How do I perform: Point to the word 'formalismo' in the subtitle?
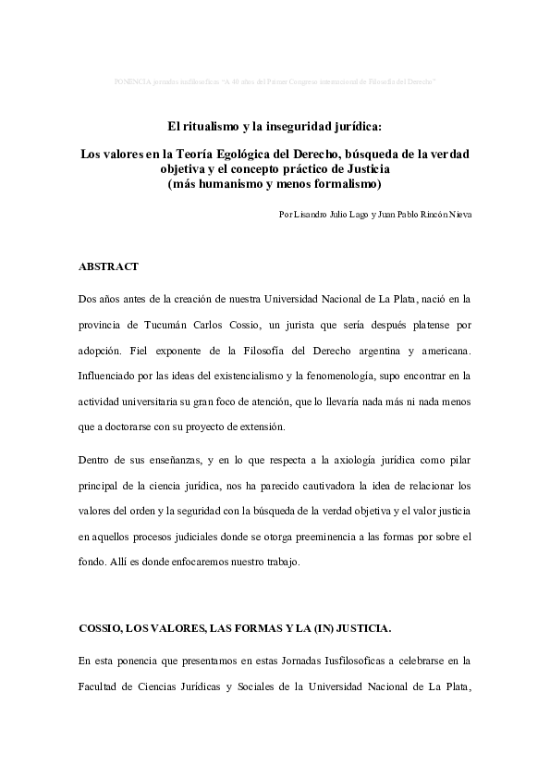tap(348, 183)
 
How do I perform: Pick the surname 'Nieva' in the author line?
tap(458, 214)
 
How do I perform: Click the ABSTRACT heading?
tap(109, 266)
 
